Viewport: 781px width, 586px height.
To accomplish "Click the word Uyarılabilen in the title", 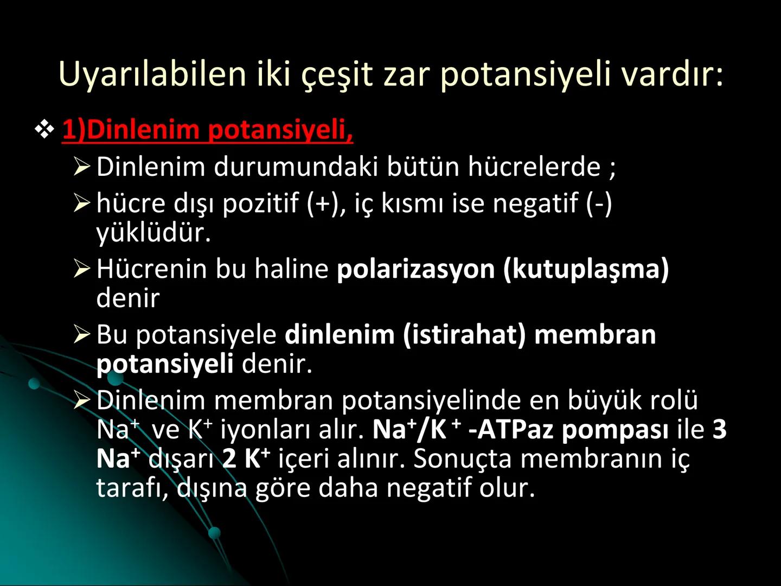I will point(152,74).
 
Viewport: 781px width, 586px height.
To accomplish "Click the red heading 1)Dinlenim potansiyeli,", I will point(207,130).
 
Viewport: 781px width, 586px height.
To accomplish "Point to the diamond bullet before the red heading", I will point(44,130).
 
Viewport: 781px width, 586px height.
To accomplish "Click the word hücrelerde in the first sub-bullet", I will point(534,167).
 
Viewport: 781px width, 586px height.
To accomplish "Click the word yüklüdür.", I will point(153,232).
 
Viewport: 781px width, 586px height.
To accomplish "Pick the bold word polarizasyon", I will point(415,269).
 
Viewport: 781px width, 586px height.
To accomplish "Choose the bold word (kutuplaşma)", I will point(586,269).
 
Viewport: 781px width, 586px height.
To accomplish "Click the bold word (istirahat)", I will point(464,335).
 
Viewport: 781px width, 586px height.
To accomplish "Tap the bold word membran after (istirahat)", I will point(595,335).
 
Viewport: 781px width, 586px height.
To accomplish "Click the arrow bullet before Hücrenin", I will point(82,269).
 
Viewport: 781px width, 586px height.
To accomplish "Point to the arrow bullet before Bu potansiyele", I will point(82,335).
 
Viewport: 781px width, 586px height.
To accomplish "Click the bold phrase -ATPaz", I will point(511,430).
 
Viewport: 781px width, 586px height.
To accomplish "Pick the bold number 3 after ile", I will point(719,430).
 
